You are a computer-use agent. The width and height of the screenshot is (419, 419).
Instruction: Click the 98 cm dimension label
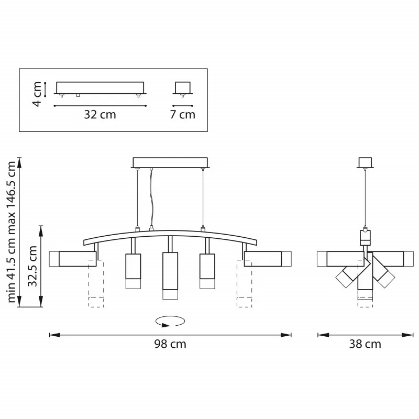coord(170,344)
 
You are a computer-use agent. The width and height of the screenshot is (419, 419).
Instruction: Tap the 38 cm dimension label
coord(365,344)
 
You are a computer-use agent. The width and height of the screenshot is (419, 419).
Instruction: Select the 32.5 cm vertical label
coord(32,266)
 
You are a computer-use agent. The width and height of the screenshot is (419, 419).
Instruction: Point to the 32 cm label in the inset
coord(100,115)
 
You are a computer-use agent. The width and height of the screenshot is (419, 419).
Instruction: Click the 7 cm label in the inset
coord(183,115)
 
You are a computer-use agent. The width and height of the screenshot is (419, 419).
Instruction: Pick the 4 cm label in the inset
coord(37,94)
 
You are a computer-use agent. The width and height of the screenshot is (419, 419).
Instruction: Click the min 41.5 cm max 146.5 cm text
coord(12,232)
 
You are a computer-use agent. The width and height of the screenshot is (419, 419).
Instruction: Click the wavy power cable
coord(151,199)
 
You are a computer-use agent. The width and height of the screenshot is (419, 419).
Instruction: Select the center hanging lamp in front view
coord(170,276)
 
